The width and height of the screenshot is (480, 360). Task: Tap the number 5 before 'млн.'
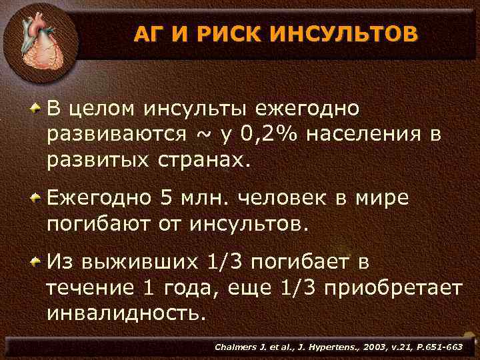point(166,198)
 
